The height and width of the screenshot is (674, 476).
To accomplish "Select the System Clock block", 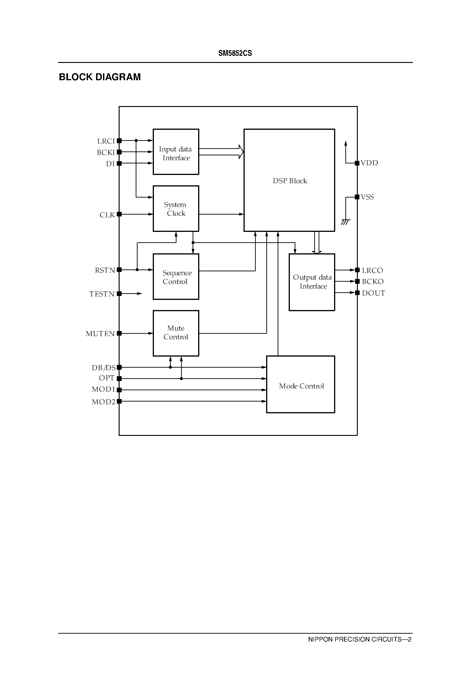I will [176, 209].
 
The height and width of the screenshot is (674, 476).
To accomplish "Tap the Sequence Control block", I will [176, 277].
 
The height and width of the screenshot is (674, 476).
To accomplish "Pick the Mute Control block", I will [176, 333].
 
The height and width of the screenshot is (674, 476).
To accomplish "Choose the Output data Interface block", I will [312, 282].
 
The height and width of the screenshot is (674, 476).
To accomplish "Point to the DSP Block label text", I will [290, 181].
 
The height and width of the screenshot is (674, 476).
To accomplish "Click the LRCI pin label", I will [106, 141].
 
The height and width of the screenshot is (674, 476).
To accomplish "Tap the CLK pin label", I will [107, 215].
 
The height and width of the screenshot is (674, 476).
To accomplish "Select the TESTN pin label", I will [102, 294].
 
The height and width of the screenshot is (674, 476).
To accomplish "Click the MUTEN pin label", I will [100, 334].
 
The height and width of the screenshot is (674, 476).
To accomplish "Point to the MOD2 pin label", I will [103, 402].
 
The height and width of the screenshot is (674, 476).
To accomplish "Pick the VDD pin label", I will [369, 163].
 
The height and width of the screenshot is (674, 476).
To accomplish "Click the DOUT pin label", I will [373, 293].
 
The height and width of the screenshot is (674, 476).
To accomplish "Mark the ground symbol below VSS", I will [345, 222].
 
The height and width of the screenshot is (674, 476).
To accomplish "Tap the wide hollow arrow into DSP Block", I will [221, 152].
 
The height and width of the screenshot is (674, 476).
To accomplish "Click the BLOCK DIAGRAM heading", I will [100, 77].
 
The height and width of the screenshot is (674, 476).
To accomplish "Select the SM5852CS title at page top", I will [235, 53].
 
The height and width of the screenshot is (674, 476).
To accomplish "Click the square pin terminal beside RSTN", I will [119, 270].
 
